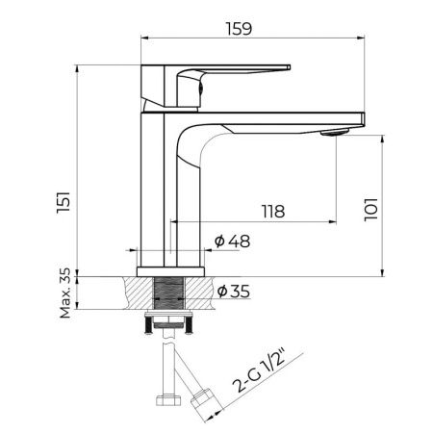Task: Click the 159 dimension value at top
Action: tap(239, 29)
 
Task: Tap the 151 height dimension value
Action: tap(64, 202)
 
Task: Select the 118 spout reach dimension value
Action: tap(273, 212)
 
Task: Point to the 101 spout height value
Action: tap(371, 210)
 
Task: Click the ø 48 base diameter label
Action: tap(233, 242)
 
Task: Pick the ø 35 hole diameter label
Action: tap(234, 292)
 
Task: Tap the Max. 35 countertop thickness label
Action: tap(65, 293)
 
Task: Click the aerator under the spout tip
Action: tap(335, 132)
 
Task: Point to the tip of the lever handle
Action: tap(289, 67)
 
